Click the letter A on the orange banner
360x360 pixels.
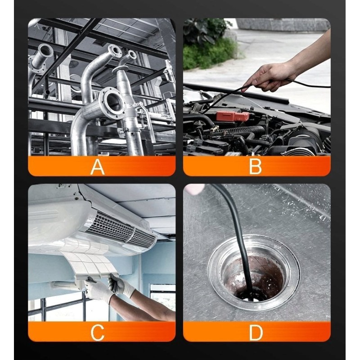(98, 166)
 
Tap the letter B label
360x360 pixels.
(255, 166)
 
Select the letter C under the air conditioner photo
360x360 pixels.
(97, 332)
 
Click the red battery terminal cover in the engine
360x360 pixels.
(232, 116)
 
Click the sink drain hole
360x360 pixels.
(254, 277)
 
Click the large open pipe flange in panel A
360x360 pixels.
(113, 101)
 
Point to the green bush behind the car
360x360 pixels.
(207, 46)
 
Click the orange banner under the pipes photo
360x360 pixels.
(102, 166)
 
